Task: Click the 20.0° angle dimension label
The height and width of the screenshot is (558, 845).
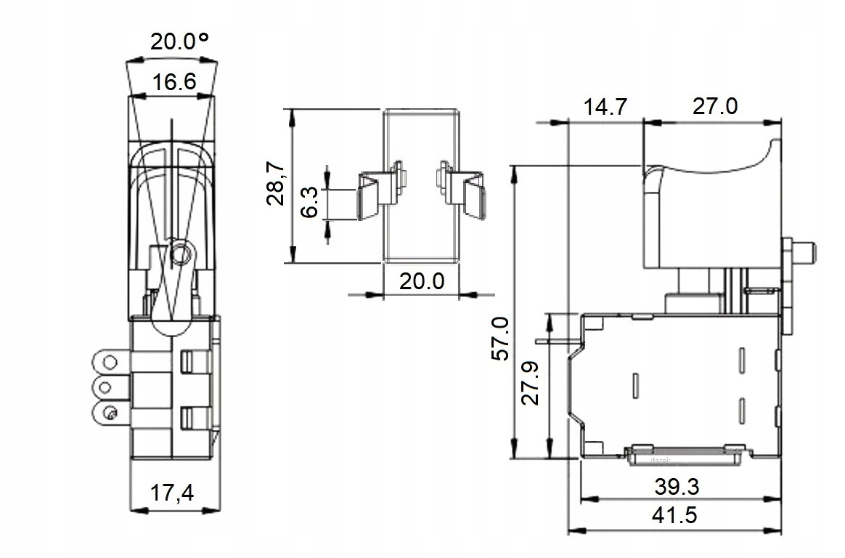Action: (x=179, y=41)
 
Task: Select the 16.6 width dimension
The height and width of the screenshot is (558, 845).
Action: (x=174, y=83)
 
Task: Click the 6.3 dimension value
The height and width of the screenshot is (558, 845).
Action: (x=309, y=203)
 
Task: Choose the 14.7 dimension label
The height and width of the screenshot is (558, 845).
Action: (x=605, y=107)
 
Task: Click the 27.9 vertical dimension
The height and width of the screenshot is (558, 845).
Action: (x=530, y=384)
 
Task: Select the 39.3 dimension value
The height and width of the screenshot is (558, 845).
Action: (x=677, y=487)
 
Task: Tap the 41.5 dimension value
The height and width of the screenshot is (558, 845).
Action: (x=674, y=515)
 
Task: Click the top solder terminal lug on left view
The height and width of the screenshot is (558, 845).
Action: (x=110, y=361)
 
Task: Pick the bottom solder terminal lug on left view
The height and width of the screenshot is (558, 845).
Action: (x=110, y=413)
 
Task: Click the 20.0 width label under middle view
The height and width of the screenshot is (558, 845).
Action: (x=422, y=281)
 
